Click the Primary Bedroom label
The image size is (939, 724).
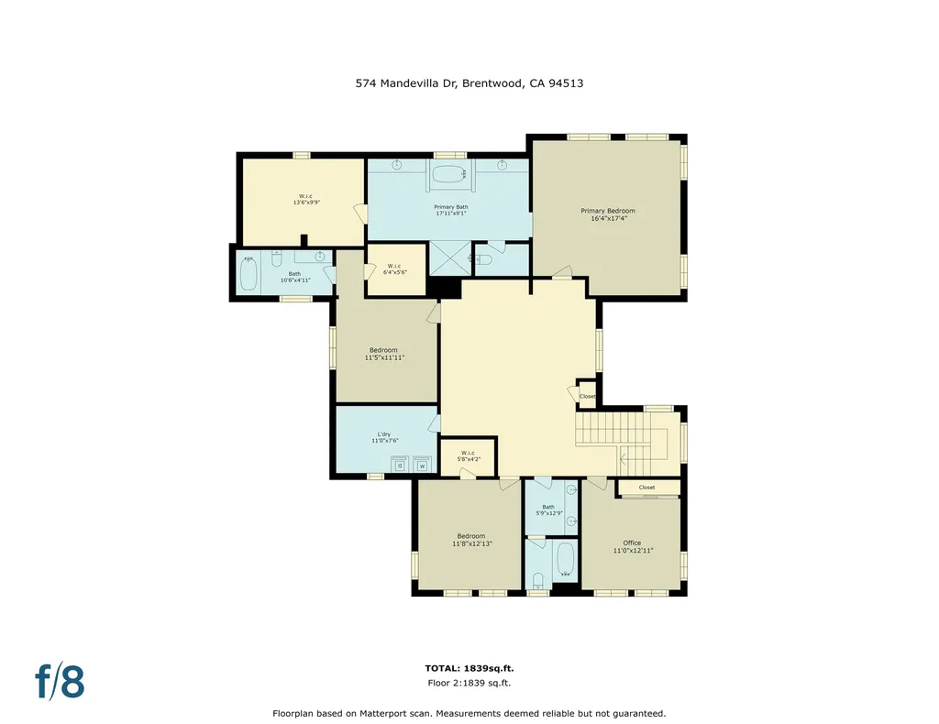[x=607, y=211]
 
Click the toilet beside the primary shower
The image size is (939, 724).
[x=484, y=260]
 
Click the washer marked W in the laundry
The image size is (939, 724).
[x=422, y=465]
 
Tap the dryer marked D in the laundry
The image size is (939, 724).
[x=401, y=465]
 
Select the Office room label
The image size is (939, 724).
[x=632, y=543]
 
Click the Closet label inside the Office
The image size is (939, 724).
[x=646, y=488]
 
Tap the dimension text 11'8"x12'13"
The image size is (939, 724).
[x=471, y=544]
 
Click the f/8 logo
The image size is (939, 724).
[x=60, y=682]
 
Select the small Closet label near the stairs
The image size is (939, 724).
[x=587, y=396]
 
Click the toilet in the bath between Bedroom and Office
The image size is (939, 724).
[x=538, y=578]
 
